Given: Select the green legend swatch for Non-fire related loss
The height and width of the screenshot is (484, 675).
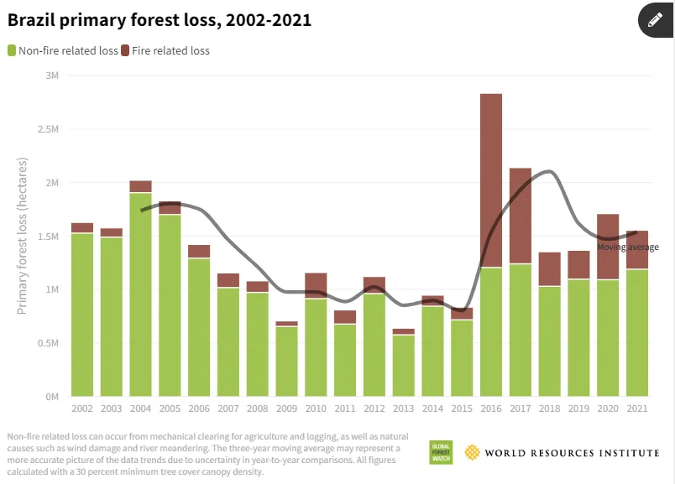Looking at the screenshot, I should [x=12, y=50].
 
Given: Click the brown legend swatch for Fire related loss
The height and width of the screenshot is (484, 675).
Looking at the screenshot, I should [x=125, y=50].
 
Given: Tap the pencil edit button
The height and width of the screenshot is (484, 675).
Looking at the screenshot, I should [x=656, y=20].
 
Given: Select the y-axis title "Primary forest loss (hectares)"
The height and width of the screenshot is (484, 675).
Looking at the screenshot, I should [x=24, y=236].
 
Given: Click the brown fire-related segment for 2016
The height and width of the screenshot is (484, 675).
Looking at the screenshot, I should [x=491, y=180].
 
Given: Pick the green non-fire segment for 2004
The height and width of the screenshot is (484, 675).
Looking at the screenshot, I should [x=140, y=294].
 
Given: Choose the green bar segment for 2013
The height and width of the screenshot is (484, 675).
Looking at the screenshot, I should [x=403, y=365].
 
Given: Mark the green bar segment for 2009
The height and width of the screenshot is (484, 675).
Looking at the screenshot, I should [x=286, y=361].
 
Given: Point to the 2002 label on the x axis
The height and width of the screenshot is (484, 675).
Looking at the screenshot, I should [x=82, y=408].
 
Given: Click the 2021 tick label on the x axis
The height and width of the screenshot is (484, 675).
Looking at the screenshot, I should [x=637, y=408].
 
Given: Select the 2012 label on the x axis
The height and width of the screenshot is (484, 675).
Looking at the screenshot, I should [x=374, y=408].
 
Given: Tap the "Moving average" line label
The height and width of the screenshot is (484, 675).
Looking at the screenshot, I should [x=628, y=247].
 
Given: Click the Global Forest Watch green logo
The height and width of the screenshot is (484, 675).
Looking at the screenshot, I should [x=441, y=452].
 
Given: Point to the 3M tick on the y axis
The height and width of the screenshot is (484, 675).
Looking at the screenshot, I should [x=52, y=75].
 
